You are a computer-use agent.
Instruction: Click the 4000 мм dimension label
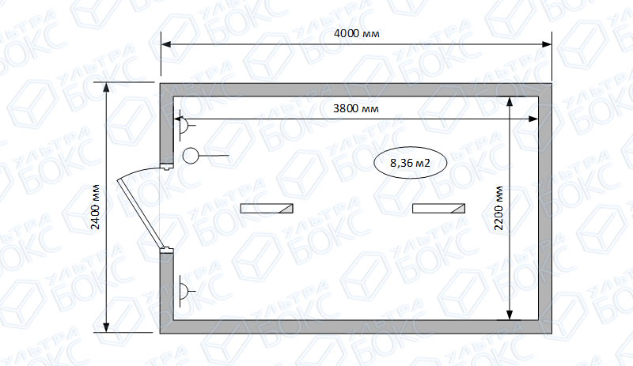357,33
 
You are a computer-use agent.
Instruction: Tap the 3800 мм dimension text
355,108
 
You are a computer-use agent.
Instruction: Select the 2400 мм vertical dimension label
95,206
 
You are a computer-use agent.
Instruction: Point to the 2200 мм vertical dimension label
499,208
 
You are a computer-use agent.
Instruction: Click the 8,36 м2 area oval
410,163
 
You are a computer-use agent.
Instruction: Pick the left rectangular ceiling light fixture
267,208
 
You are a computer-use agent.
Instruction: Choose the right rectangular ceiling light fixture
438,208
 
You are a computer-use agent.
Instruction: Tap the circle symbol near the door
191,156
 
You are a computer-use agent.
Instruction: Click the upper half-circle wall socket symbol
184,125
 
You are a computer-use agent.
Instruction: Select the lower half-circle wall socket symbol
184,291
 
